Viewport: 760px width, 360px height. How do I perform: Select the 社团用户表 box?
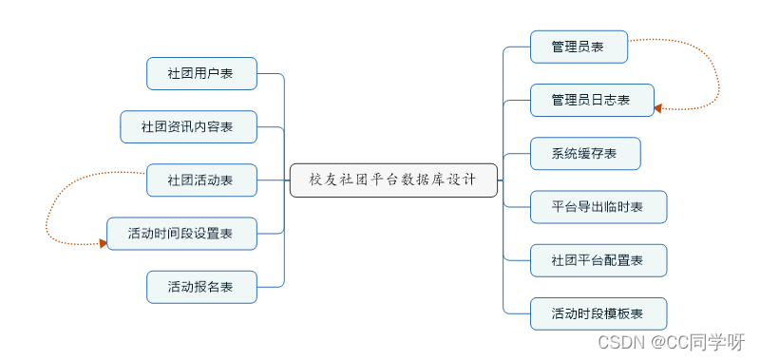[201, 73]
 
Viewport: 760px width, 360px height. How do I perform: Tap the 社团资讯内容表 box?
[188, 126]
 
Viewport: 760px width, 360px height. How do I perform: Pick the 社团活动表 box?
[201, 180]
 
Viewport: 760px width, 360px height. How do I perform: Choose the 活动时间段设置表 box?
[181, 233]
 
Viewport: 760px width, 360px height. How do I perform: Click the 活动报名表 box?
[201, 286]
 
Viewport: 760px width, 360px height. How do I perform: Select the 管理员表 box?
[579, 47]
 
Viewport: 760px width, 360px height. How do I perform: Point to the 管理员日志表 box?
[592, 100]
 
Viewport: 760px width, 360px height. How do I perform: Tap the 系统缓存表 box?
[585, 153]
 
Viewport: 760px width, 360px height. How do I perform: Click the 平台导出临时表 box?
[598, 206]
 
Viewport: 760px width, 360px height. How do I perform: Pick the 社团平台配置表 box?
[598, 259]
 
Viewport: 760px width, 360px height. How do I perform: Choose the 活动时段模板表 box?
[598, 313]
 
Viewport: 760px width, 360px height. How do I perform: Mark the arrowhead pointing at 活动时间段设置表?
[102, 243]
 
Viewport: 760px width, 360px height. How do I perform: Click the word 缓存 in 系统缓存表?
[585, 153]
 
